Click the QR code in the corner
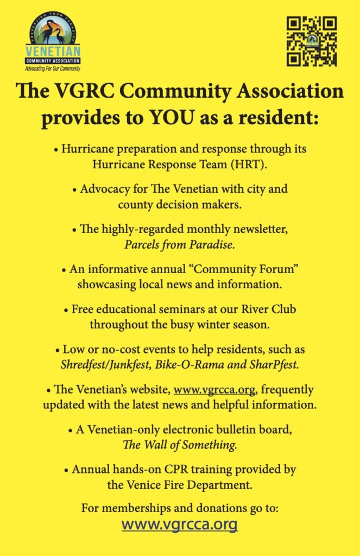click(x=312, y=41)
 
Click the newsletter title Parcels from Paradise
click(x=180, y=244)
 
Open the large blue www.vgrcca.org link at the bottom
click(x=180, y=525)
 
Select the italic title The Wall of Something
click(x=180, y=444)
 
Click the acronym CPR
click(x=173, y=470)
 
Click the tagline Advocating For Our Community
click(x=53, y=69)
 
